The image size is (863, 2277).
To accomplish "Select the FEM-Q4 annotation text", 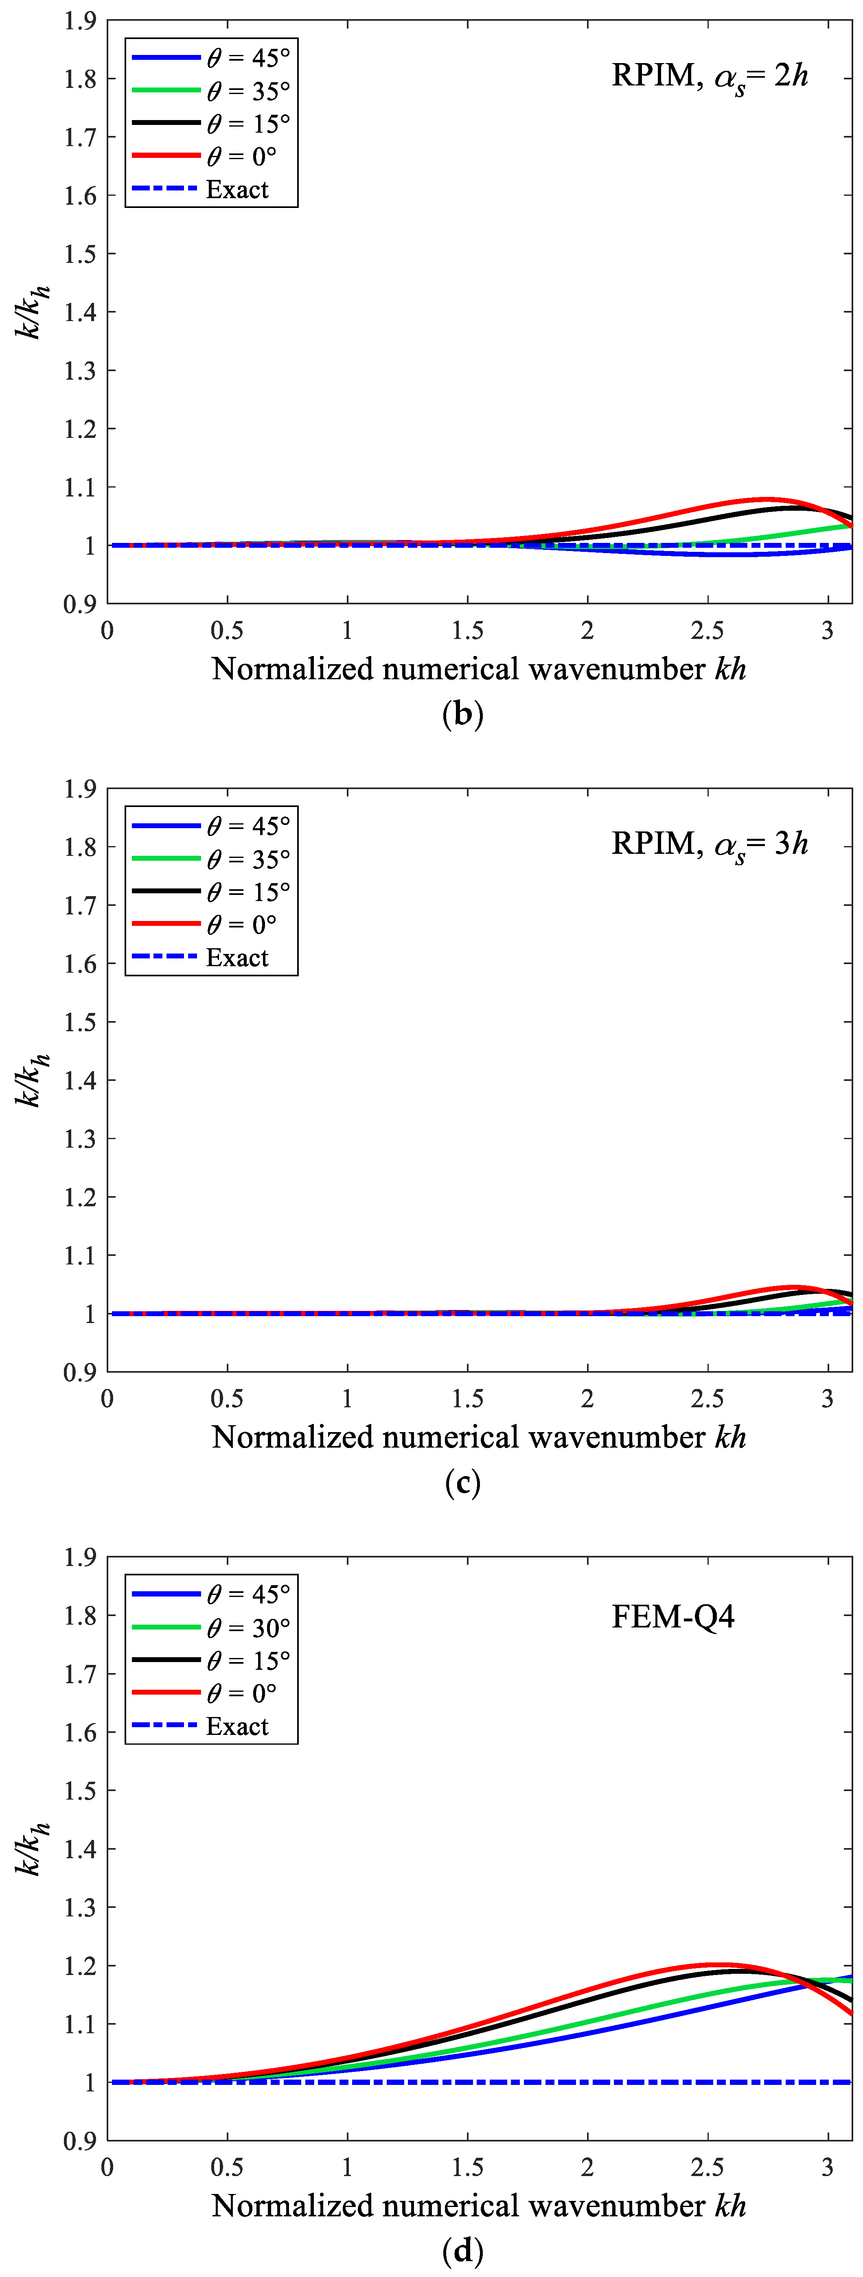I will [x=673, y=1617].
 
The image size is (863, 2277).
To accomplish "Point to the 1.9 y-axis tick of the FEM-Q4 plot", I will [x=79, y=1557].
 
